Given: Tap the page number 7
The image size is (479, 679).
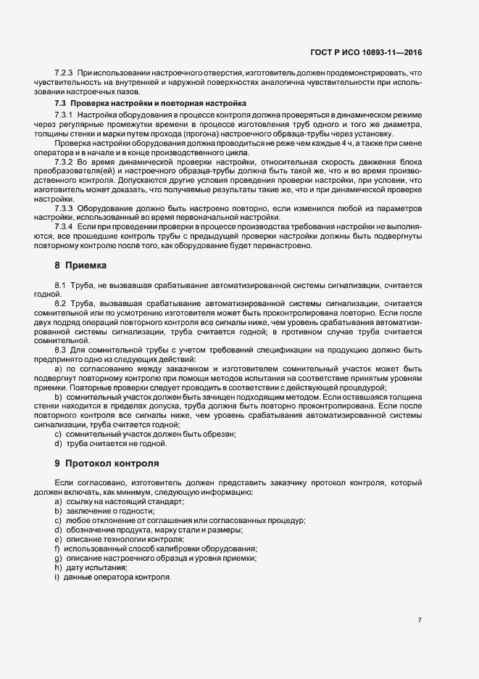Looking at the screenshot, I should pyautogui.click(x=420, y=620).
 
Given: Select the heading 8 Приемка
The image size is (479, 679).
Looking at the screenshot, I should pyautogui.click(x=80, y=266).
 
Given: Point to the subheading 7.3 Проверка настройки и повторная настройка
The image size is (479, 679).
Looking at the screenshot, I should pyautogui.click(x=151, y=104).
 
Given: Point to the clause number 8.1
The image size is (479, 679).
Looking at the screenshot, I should pyautogui.click(x=60, y=286).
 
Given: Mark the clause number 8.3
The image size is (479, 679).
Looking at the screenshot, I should pyautogui.click(x=60, y=350).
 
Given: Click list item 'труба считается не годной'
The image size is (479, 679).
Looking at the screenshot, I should pyautogui.click(x=110, y=443).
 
